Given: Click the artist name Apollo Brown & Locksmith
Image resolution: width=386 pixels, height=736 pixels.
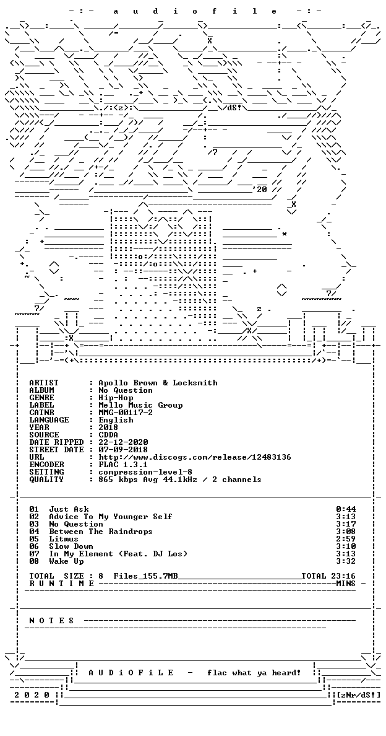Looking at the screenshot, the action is [158, 383].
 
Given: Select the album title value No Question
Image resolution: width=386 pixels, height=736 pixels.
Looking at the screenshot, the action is [126, 390].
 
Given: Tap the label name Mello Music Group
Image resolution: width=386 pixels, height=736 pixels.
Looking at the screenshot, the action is [140, 405].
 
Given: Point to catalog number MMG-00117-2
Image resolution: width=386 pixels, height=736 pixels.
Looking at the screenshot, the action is [126, 413].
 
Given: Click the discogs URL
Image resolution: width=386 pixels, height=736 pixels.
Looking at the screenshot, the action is [195, 457].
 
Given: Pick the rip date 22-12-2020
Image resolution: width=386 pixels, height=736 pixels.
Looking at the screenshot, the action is [123, 442].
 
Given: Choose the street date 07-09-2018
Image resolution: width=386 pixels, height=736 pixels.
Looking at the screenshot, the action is [123, 450].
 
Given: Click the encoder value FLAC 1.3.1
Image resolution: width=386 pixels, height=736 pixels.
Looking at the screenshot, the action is [123, 465].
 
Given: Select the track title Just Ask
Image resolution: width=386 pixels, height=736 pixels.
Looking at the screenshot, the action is [69, 509].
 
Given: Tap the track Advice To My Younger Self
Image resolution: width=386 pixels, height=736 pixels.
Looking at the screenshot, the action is [111, 517].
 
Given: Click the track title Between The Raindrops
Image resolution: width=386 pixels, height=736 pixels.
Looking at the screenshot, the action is [101, 532].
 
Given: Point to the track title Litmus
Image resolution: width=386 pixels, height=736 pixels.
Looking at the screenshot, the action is [64, 540].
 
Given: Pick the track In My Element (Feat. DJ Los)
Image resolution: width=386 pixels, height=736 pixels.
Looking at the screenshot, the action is [118, 554].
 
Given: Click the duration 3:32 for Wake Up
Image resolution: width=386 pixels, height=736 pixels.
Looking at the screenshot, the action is [346, 561].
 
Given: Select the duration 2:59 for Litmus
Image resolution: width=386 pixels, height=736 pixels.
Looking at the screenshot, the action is [346, 540].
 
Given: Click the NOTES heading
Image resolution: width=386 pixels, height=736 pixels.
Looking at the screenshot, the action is [51, 621].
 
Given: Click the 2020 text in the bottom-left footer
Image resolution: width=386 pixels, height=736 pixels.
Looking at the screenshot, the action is [32, 695].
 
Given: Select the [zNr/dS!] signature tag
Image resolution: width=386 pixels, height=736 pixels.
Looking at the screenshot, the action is [358, 695].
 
